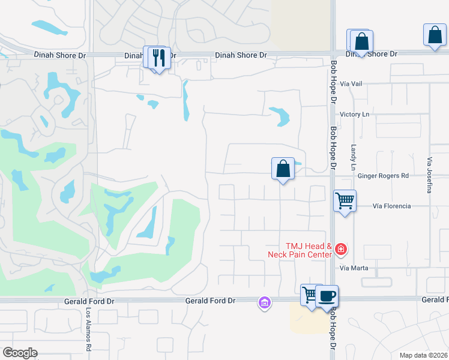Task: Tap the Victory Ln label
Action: coord(354,114)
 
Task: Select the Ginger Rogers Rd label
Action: coord(383,176)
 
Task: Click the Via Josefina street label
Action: coord(430,175)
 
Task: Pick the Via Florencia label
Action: coord(391,206)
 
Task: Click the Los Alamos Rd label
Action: coord(88,330)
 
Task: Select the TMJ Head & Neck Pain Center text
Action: coord(300,250)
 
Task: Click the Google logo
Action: coord(20,353)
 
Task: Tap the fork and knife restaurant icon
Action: coord(159,58)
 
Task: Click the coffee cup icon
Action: coord(327,295)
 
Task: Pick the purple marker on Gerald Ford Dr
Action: coord(264,302)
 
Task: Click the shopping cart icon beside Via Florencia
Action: coord(345,200)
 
